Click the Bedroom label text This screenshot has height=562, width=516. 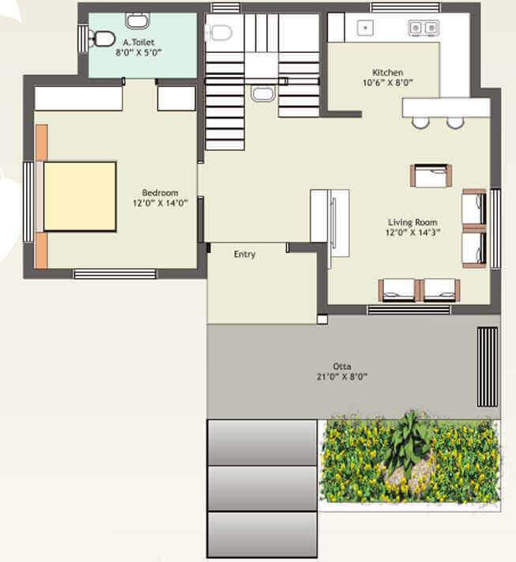pos(160,192)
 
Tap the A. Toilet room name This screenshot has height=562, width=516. pos(138,43)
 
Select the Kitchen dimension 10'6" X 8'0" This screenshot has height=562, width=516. pos(387,82)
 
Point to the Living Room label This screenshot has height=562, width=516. pos(412,222)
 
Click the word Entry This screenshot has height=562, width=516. pos(245,255)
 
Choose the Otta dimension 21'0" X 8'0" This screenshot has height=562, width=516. pos(342,377)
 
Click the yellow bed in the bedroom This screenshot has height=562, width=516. pos(80,196)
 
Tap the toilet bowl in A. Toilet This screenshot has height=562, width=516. pos(101,39)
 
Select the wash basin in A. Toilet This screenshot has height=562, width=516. pos(137,21)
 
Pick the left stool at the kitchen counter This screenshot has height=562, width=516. pos(420,123)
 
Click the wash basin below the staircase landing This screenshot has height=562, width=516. pos(262,94)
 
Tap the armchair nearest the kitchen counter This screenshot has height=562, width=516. pos(431,175)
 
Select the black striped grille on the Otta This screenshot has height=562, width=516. pos(488,367)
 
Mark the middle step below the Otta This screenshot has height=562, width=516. pos(262,488)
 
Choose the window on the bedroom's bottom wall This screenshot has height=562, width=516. pos(115,274)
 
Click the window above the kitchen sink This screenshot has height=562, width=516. pos(405,8)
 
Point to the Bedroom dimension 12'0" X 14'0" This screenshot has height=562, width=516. pos(160,203)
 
